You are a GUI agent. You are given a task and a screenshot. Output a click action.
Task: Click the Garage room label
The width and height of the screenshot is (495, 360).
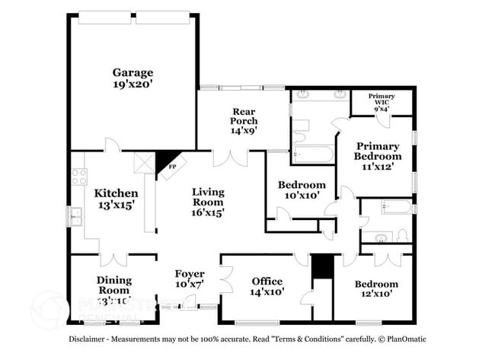pos(133,73)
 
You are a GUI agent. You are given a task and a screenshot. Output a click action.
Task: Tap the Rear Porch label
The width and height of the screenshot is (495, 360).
pos(244,116)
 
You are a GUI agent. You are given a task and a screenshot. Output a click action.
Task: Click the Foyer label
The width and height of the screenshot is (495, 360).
pos(190,274)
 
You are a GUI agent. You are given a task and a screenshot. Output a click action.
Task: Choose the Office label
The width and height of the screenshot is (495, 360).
pos(267,282)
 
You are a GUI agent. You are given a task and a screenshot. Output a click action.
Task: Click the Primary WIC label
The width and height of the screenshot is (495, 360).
pos(382,96)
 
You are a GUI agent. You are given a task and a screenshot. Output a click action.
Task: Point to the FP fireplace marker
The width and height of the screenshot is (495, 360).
pos(172,165)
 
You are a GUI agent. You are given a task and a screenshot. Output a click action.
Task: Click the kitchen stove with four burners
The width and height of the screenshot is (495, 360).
pos(79,177)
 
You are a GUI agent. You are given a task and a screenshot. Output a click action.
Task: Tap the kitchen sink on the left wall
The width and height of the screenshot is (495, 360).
pos(77,217)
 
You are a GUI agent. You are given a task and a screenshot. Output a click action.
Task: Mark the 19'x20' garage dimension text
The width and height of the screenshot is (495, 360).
pos(133,86)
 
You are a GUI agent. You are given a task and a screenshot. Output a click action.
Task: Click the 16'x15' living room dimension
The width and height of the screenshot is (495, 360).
pos(207,214)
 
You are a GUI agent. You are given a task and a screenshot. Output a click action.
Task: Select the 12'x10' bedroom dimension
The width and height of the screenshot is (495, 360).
pos(376,296)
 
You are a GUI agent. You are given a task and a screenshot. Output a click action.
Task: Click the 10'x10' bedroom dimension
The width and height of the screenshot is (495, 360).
pos(302,196)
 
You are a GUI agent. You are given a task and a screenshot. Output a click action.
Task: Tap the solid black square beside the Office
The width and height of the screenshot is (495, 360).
pos(323,266)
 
